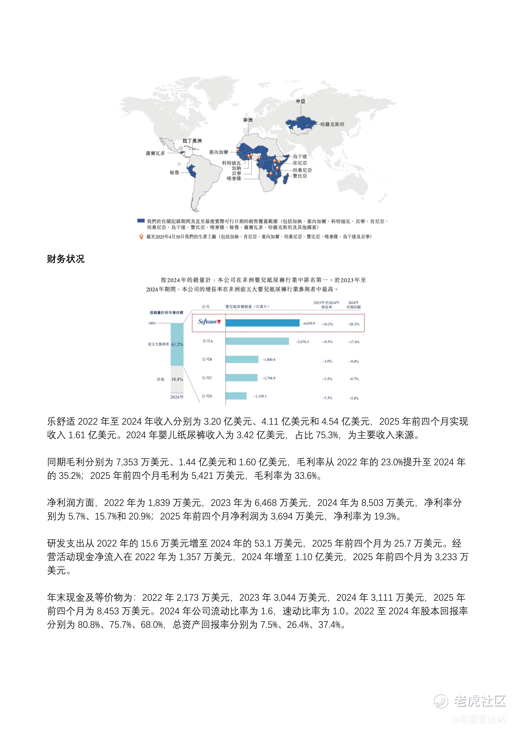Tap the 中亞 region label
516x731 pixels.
[300, 101]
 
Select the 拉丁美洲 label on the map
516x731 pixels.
[192, 141]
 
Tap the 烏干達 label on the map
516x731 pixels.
[300, 156]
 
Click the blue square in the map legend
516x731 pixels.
[141, 221]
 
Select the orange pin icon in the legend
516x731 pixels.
[141, 237]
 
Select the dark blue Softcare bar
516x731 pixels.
[262, 323]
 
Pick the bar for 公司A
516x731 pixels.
[257, 341]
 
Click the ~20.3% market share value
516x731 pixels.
[354, 324]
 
